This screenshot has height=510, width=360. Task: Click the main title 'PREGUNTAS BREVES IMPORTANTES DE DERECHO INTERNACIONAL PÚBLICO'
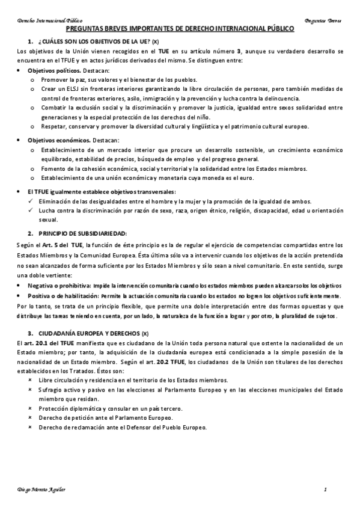coord(180,28)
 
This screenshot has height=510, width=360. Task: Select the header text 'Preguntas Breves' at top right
coord(323,20)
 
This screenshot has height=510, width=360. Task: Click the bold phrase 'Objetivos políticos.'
coord(53,70)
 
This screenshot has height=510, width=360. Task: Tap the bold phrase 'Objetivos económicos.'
coord(57,140)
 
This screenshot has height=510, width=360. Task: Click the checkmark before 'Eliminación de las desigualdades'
coord(32,201)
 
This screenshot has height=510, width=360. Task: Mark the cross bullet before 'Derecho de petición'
coord(31,417)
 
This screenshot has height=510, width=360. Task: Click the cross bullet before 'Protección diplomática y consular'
coord(31,408)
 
